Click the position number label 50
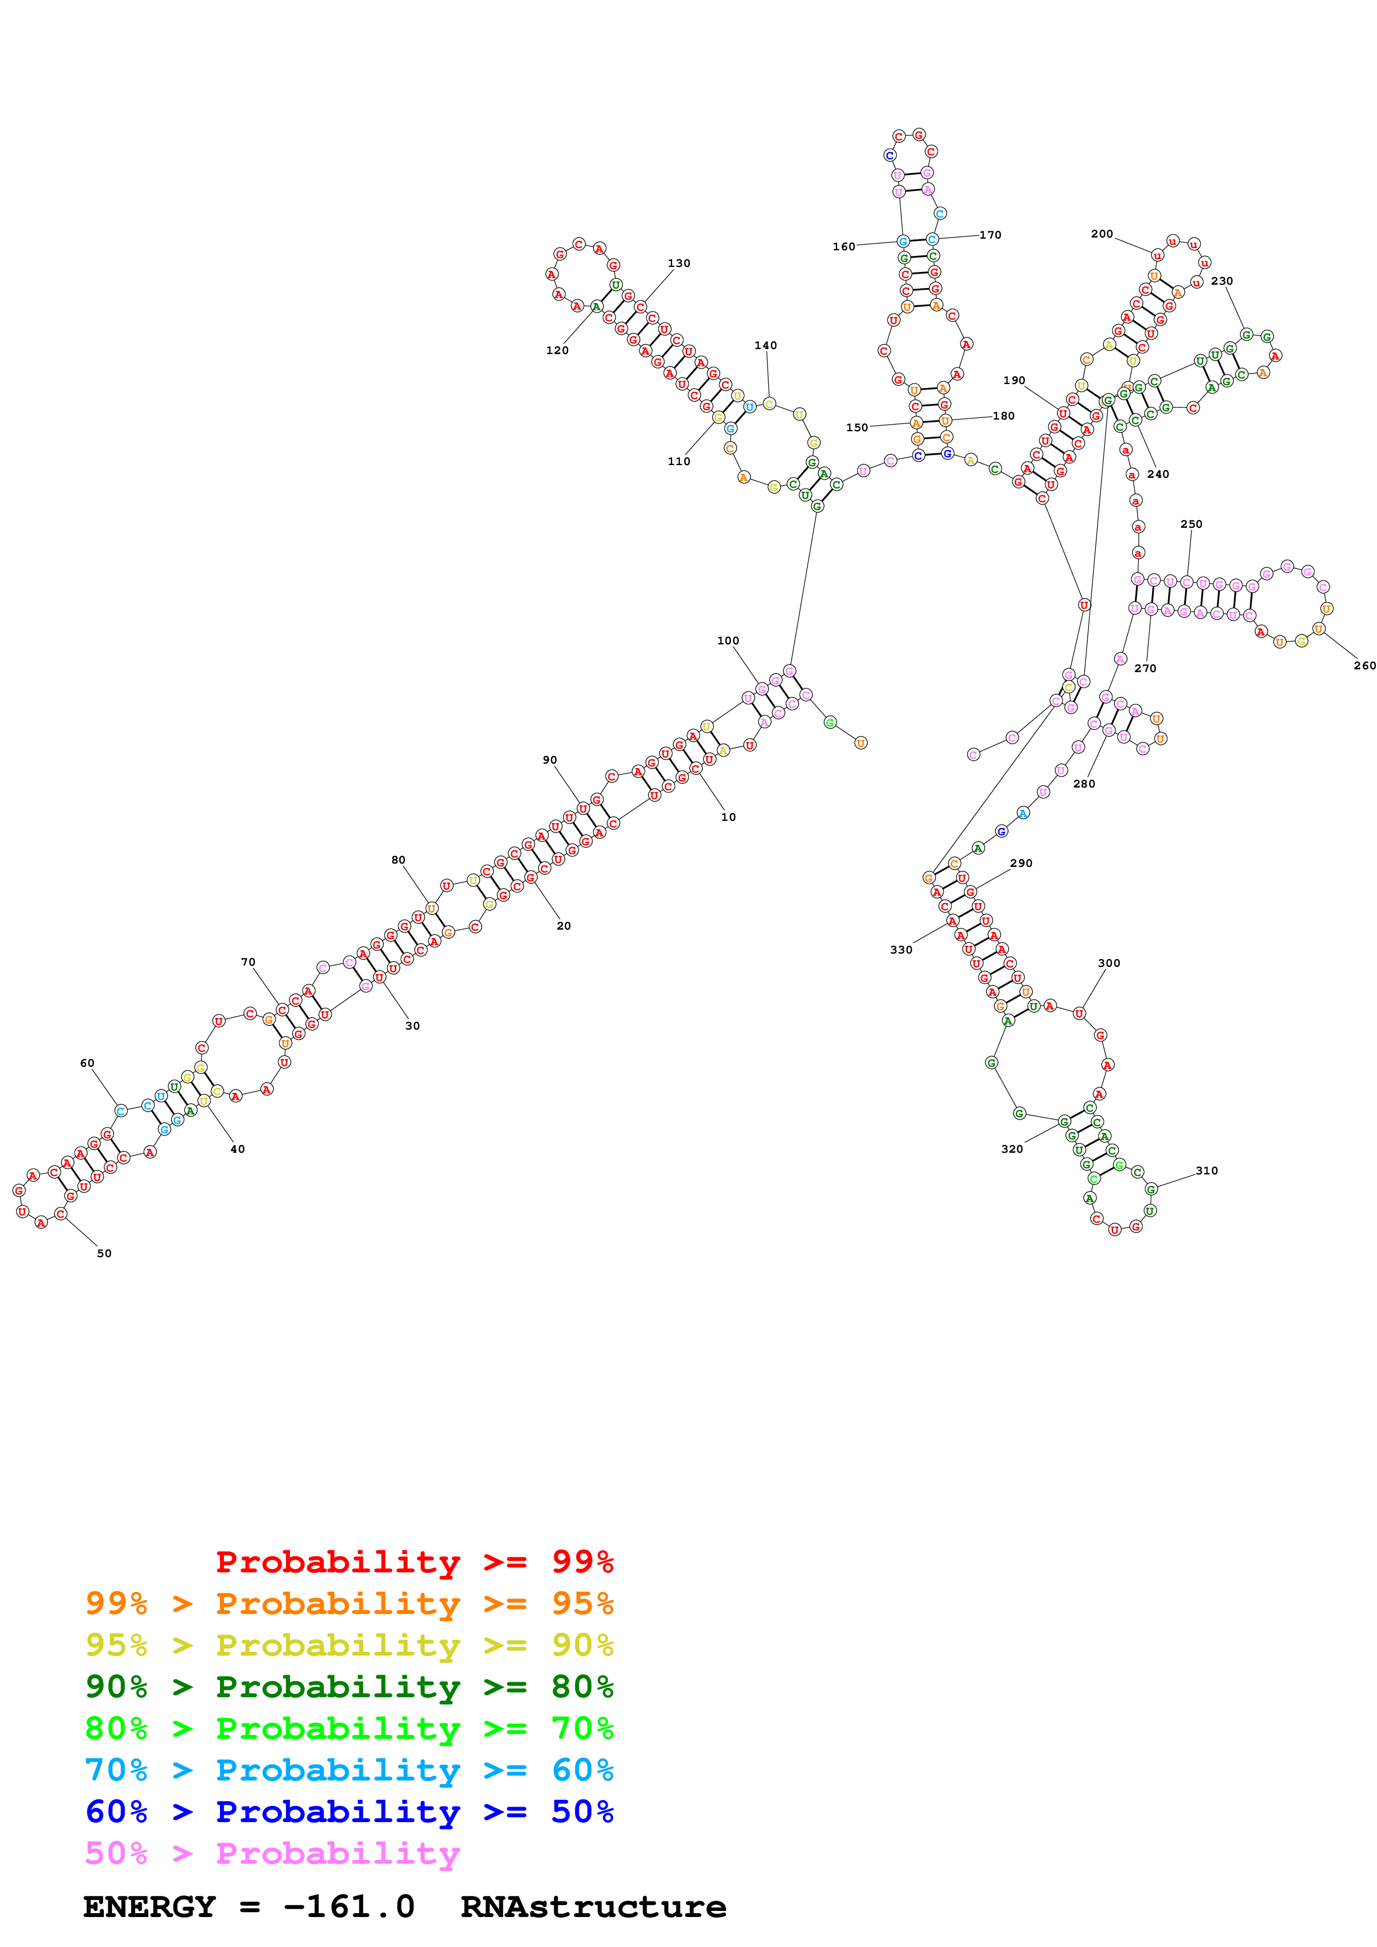tap(104, 1253)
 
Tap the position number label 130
tap(679, 264)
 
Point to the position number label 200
tap(1101, 234)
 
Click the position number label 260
tap(1364, 665)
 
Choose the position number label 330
tap(901, 950)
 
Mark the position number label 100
tap(728, 641)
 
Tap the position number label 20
tap(563, 926)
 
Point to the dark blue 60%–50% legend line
tap(349, 1812)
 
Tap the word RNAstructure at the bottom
tap(593, 1906)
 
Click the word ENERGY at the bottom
tap(149, 1906)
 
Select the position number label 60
tap(87, 1063)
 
